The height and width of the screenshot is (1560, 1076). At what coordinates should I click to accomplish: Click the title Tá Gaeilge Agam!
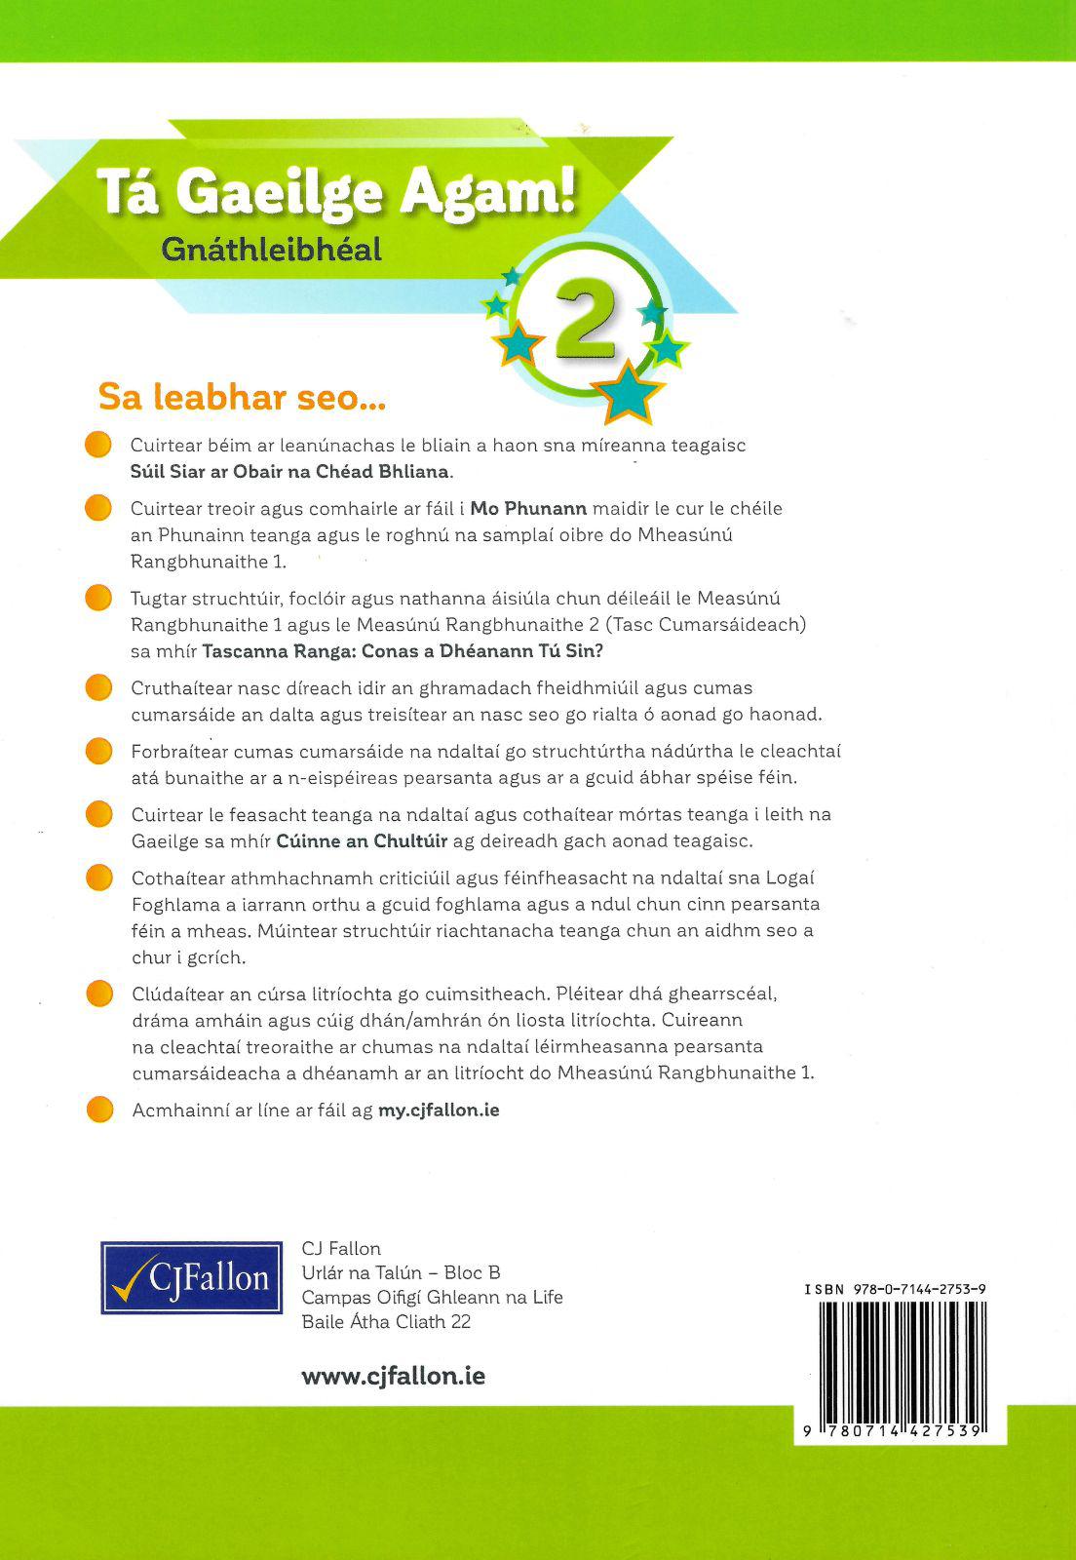[336, 192]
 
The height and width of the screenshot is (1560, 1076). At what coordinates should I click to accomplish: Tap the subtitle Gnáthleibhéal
[272, 251]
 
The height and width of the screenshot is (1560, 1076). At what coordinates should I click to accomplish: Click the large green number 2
[585, 323]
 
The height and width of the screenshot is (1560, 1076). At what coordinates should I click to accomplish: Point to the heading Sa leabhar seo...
[243, 398]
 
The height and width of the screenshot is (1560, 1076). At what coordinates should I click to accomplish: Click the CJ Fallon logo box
[192, 1277]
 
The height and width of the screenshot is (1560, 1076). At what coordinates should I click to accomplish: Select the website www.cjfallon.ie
[394, 1376]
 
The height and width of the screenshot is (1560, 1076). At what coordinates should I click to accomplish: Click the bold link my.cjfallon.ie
[439, 1110]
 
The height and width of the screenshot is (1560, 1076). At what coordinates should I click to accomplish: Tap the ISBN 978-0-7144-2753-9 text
[896, 1289]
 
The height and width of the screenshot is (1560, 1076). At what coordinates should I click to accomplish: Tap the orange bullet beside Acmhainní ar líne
[99, 1110]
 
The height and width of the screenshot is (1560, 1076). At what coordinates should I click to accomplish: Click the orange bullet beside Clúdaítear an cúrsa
[99, 994]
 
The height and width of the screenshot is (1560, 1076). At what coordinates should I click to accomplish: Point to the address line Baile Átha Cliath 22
[386, 1322]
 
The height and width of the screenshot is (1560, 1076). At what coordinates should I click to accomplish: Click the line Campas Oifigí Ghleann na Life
[432, 1298]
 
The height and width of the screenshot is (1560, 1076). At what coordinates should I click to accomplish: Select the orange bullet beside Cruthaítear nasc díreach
[99, 688]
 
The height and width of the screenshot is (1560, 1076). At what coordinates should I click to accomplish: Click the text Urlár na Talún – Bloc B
[401, 1272]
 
